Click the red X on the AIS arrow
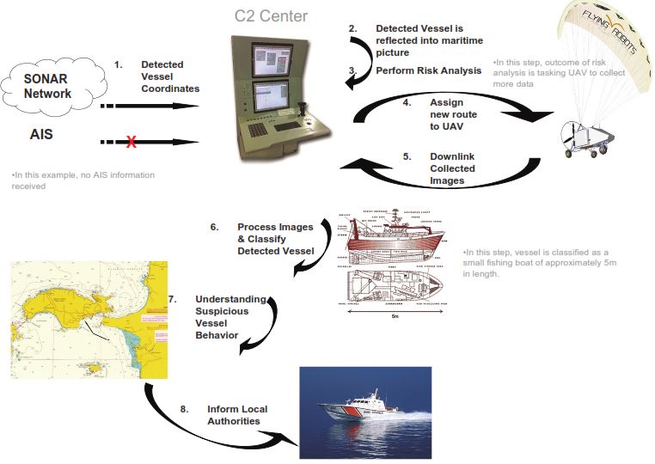click(x=131, y=142)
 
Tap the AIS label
click(x=45, y=135)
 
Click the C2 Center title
click(x=270, y=15)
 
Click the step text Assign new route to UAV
click(x=452, y=113)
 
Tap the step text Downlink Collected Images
click(x=452, y=168)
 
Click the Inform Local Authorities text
click(x=237, y=414)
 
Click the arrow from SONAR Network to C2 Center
click(x=151, y=107)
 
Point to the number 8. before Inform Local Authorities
click(x=184, y=409)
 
